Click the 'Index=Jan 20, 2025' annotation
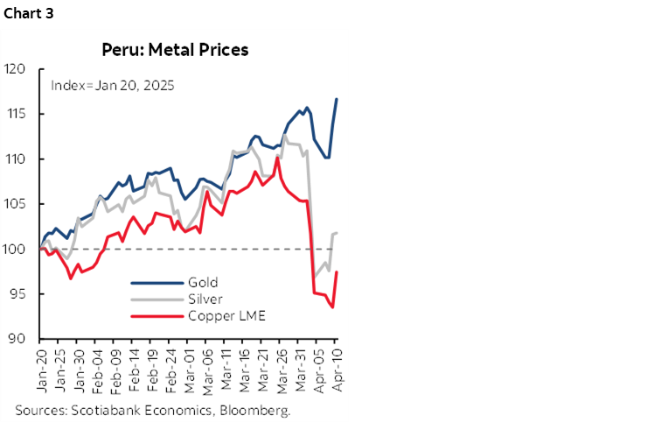tap(112, 86)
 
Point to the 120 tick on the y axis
tap(17, 69)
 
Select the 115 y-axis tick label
tap(17, 114)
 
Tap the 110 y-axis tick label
tap(17, 159)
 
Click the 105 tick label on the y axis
tap(17, 204)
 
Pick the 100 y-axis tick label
tap(17, 250)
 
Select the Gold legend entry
tap(202, 282)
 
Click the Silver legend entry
tap(205, 299)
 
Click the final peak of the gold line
tap(337, 99)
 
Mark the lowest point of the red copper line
tap(332, 307)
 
